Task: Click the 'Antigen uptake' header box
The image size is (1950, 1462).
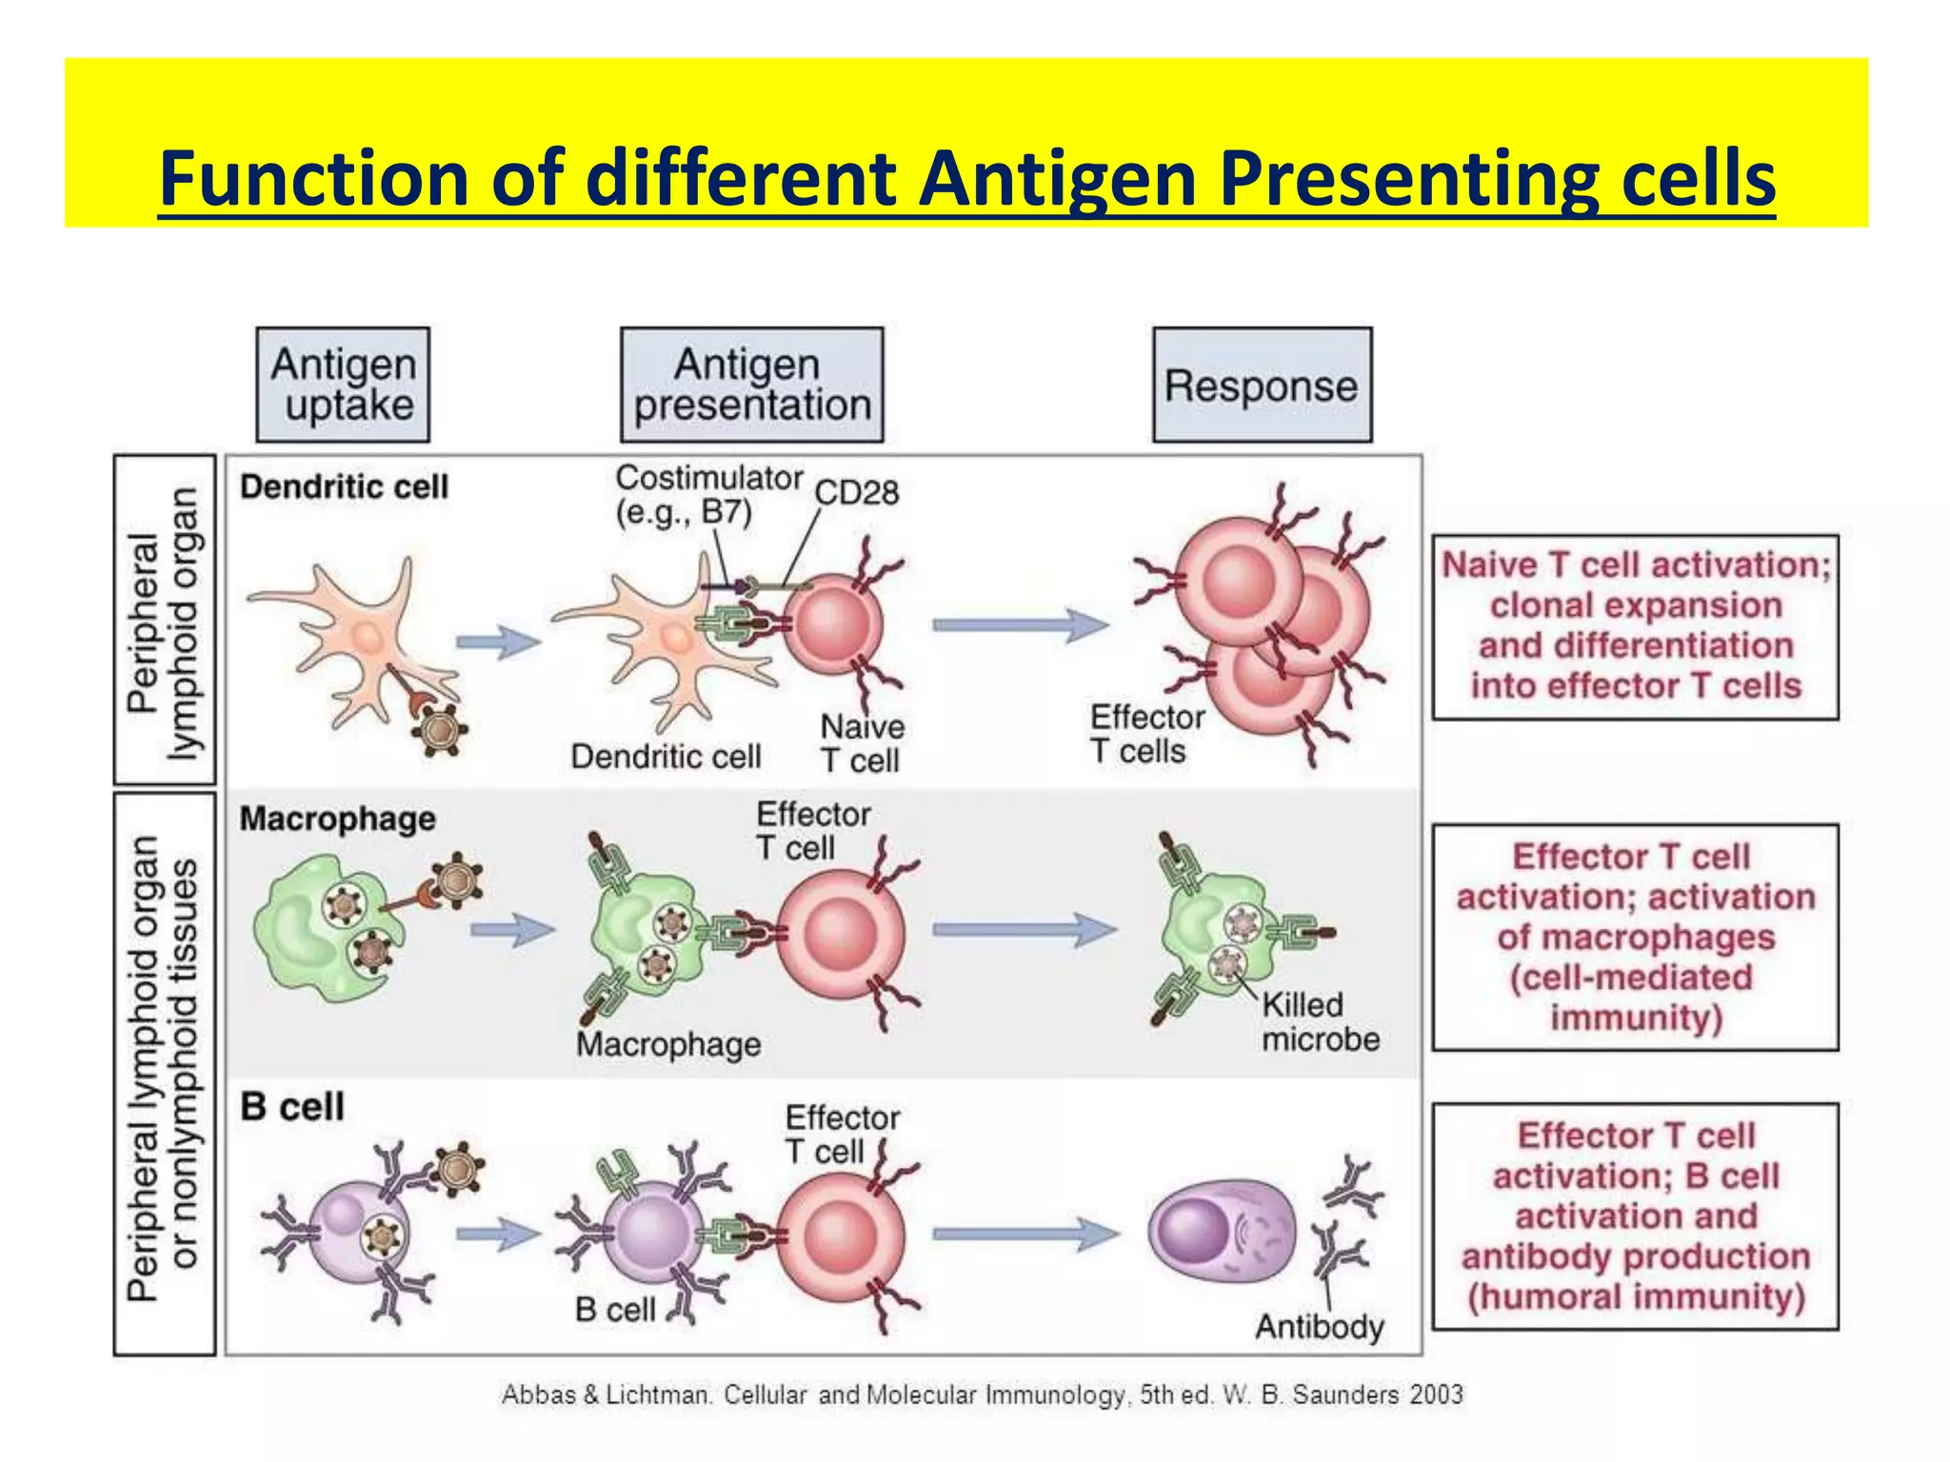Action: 343,385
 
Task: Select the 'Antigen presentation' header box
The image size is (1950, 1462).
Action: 751,385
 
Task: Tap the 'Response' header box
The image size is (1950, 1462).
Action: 1262,385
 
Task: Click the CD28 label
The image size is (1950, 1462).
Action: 857,492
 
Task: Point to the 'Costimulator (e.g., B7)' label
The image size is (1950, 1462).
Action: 708,494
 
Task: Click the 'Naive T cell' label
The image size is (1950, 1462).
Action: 862,743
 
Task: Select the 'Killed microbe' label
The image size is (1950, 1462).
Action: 1320,1021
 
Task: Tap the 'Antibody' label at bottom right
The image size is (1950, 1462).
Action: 1319,1326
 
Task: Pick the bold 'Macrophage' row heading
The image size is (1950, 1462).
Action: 337,819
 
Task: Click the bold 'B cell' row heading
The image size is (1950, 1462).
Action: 292,1107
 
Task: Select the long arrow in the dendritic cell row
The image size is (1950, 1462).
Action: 1021,624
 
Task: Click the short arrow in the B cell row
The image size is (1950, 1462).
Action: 498,1235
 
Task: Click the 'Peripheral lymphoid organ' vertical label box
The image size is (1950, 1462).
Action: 164,620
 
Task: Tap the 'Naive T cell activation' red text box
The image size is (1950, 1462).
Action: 1635,626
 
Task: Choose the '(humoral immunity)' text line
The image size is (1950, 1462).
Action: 1635,1296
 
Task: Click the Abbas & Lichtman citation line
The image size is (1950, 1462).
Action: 981,1395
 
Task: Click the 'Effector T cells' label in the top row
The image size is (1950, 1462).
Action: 1145,734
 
